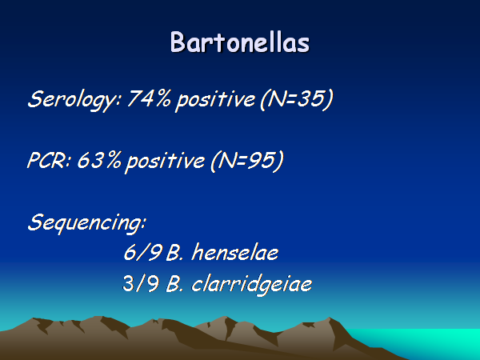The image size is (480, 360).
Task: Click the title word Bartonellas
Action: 240,42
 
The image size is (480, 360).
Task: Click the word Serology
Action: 74,100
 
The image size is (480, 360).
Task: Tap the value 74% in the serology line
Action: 149,98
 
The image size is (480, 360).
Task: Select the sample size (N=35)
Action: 296,99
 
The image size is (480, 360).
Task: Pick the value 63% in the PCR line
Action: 99,159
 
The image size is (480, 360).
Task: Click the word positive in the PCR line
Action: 166,162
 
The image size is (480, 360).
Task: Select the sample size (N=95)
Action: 247,161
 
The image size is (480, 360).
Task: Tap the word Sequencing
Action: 86,223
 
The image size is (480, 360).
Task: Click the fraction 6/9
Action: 142,252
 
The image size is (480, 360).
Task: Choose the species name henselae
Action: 234,252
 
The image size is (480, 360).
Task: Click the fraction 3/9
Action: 141,283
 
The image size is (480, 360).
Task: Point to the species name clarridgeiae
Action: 251,285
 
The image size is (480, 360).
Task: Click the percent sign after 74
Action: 162,98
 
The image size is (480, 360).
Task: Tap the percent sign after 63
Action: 113,159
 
